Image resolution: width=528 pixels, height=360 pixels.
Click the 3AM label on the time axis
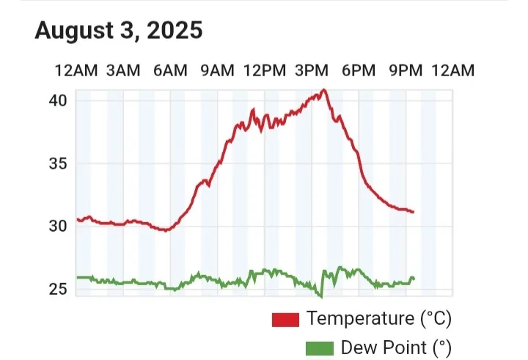(122, 70)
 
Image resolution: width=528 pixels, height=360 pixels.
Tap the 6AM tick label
(170, 70)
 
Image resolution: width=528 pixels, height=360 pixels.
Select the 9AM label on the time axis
(217, 70)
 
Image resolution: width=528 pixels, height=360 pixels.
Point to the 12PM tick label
(264, 70)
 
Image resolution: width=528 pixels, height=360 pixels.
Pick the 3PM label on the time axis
(311, 70)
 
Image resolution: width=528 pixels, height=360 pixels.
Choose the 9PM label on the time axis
(406, 70)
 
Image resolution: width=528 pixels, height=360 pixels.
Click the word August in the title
(75, 31)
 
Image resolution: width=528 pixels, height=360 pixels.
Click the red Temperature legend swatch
(285, 320)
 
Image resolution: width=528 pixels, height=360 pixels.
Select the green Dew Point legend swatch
(319, 348)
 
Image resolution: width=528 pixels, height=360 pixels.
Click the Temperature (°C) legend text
(378, 320)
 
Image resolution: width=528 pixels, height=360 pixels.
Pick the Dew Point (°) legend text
(395, 348)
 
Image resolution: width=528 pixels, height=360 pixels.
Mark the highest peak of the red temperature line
(324, 89)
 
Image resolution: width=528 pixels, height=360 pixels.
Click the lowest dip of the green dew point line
(321, 296)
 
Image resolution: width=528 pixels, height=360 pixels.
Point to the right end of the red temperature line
(414, 212)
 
